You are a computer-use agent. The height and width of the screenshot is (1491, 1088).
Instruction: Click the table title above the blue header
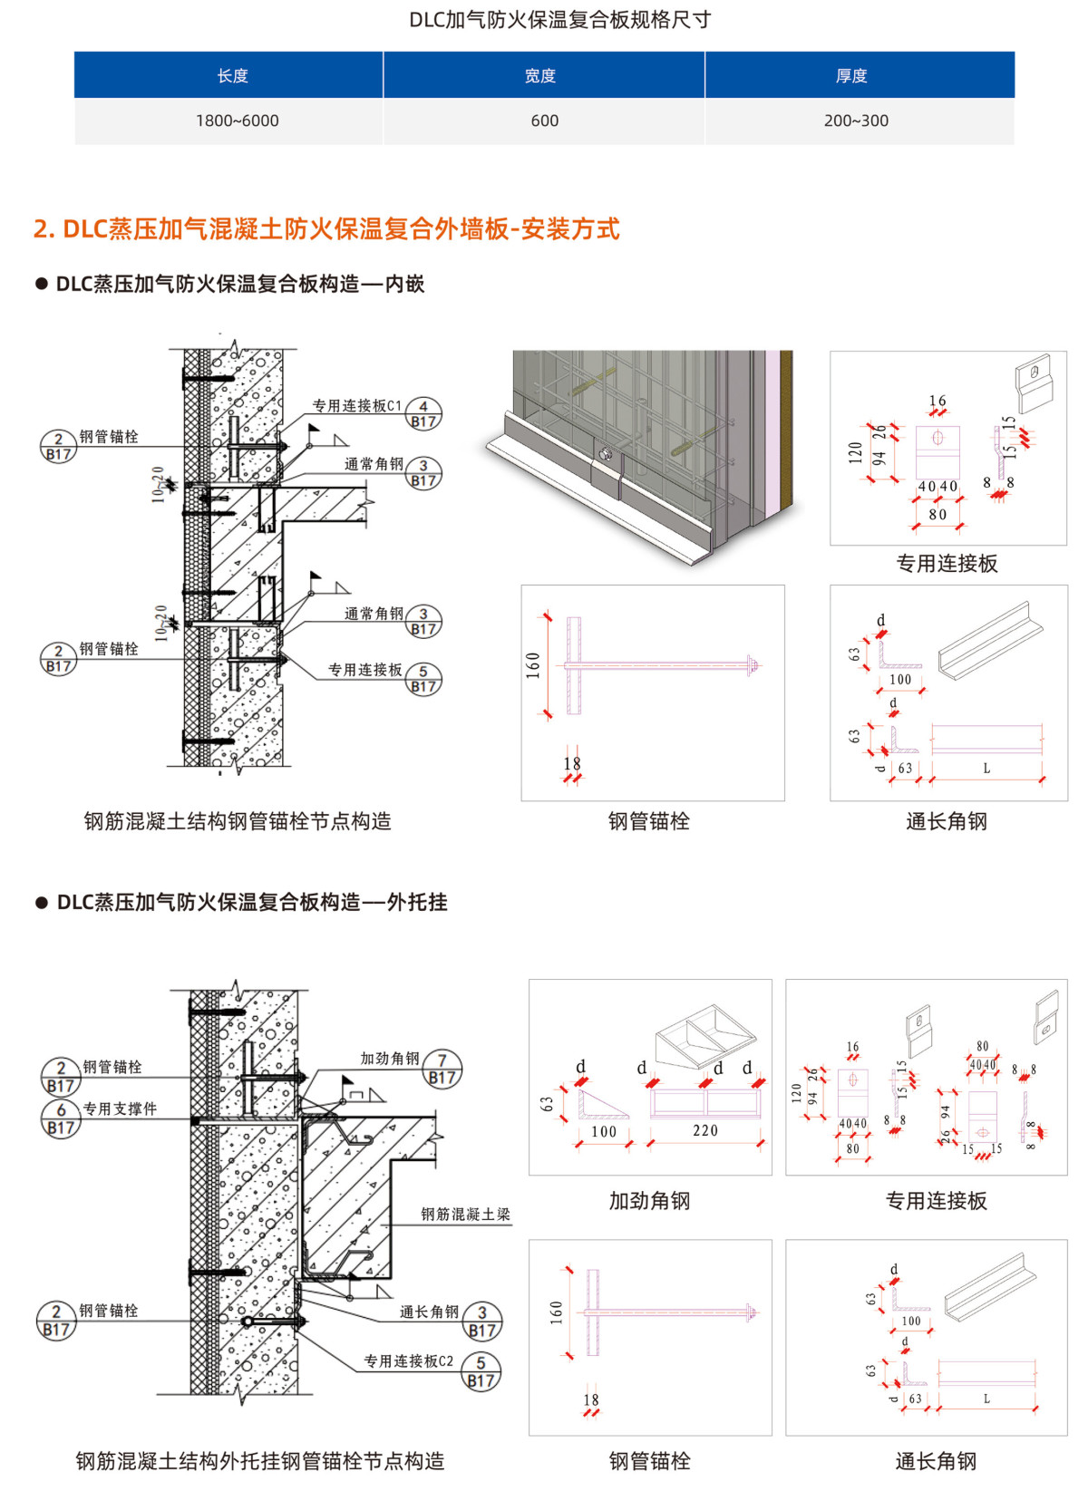(x=559, y=20)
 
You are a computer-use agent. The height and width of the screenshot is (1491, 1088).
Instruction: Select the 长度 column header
(x=232, y=76)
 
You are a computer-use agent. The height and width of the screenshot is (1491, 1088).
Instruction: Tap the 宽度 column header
(x=540, y=76)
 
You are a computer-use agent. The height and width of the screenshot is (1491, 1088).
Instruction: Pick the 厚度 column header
(x=851, y=76)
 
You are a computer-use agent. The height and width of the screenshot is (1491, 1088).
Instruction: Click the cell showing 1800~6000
(x=237, y=121)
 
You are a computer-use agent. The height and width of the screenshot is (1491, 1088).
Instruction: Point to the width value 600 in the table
(x=544, y=121)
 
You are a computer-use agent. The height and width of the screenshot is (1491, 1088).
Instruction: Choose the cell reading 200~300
(x=856, y=121)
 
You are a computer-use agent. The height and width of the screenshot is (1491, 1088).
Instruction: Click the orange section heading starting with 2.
(x=326, y=228)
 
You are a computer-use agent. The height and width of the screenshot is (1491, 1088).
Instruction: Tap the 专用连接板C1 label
(x=356, y=406)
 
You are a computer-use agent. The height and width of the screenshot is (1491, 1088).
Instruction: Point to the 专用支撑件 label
(x=120, y=1109)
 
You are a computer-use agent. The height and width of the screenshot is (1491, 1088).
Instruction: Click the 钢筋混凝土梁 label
(x=465, y=1214)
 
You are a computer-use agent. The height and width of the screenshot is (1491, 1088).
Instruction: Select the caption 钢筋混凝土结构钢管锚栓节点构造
(x=238, y=821)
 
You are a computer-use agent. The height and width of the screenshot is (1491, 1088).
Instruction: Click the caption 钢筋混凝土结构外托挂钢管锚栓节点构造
(x=260, y=1460)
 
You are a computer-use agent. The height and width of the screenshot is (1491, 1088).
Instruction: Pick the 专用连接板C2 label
(x=408, y=1360)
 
